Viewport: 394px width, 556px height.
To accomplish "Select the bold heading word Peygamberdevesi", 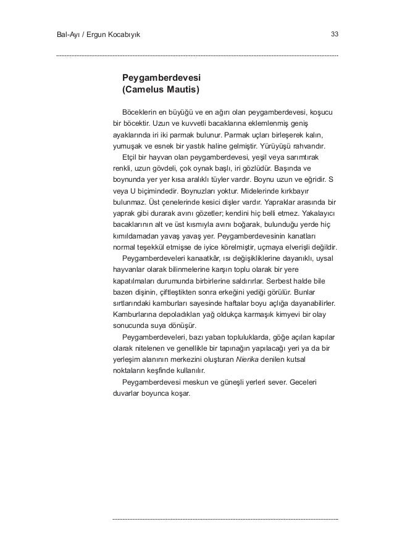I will [162, 78].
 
